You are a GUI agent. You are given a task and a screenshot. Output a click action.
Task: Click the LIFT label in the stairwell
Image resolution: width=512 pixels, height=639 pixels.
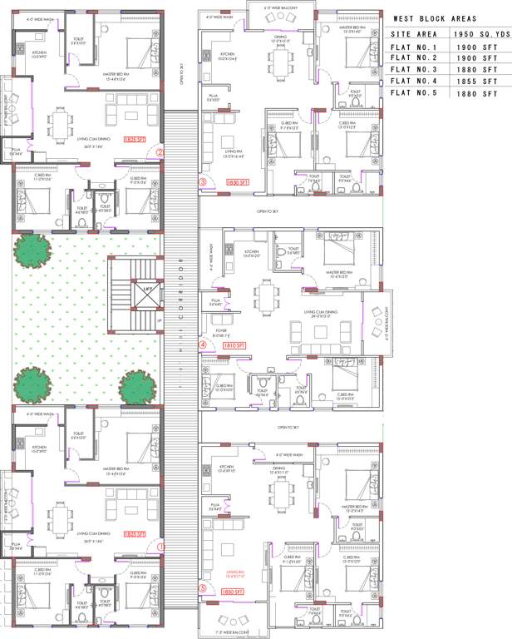tap(147, 289)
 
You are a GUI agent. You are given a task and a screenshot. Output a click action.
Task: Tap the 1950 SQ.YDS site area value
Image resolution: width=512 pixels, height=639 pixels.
tap(480, 34)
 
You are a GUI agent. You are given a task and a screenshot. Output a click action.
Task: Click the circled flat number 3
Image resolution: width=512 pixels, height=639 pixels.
tap(202, 182)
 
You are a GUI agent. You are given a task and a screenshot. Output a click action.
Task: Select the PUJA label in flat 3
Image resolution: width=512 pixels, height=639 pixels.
tap(214, 98)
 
